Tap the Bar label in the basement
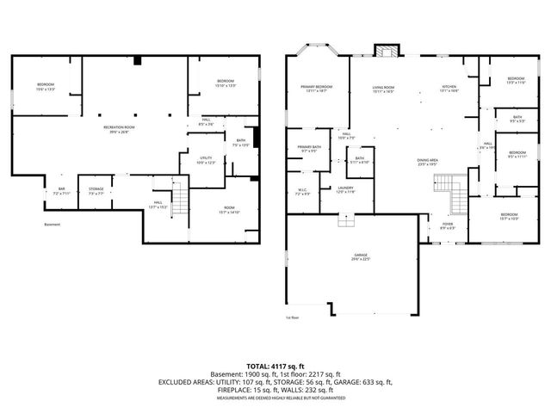pos(61,190)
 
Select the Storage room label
pos(96,191)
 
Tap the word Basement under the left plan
pos(53,225)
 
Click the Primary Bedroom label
pos(317,89)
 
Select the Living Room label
pos(383,89)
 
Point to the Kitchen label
pos(449,89)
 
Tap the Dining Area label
pos(428,162)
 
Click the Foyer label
pos(448,226)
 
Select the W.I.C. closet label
pos(302,193)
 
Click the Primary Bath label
pos(307,150)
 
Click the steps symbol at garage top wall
pos(345,221)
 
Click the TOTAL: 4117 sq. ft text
pos(275,367)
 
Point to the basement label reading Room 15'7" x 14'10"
pos(228,209)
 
